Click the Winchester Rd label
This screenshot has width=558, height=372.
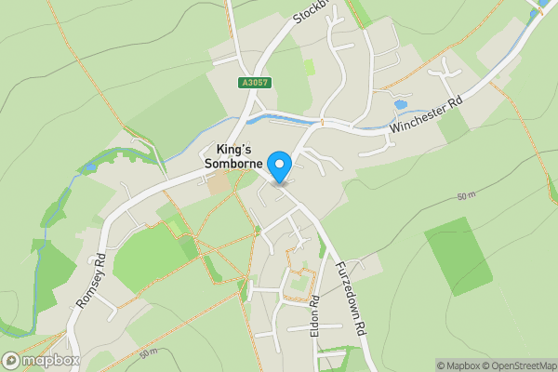[x=426, y=117]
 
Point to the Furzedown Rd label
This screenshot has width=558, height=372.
[x=351, y=297]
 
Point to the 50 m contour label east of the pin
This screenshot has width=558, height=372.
[x=467, y=198]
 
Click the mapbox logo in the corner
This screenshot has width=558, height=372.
[x=41, y=361]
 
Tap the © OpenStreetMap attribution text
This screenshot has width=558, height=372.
[x=513, y=365]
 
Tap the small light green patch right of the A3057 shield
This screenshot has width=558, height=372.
[x=309, y=68]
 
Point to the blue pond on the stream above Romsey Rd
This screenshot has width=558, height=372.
[x=90, y=168]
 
